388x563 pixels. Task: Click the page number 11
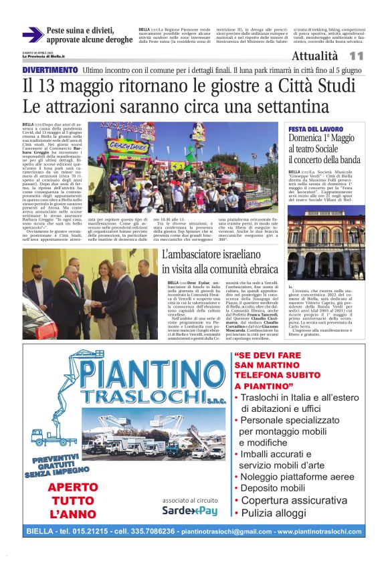coord(356,57)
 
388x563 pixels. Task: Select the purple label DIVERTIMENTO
coord(50,70)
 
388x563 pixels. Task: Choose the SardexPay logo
coord(189,511)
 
